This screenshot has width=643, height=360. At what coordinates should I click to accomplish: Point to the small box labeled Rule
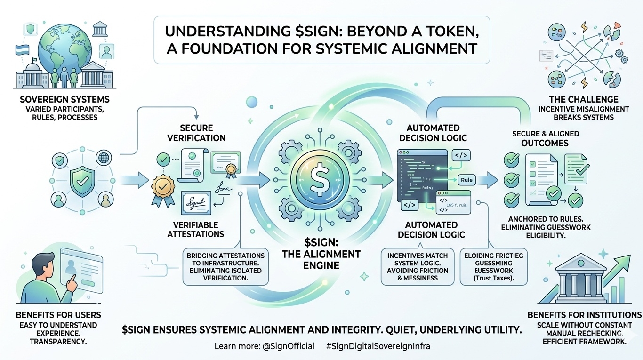click(x=466, y=180)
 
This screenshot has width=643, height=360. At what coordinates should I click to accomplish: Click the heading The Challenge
click(x=584, y=100)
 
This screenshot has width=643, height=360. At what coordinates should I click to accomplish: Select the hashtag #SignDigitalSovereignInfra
click(x=378, y=346)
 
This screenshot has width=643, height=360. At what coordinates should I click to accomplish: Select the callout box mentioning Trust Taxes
click(x=493, y=266)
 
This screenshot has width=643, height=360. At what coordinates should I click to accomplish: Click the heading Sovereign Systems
click(x=65, y=100)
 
